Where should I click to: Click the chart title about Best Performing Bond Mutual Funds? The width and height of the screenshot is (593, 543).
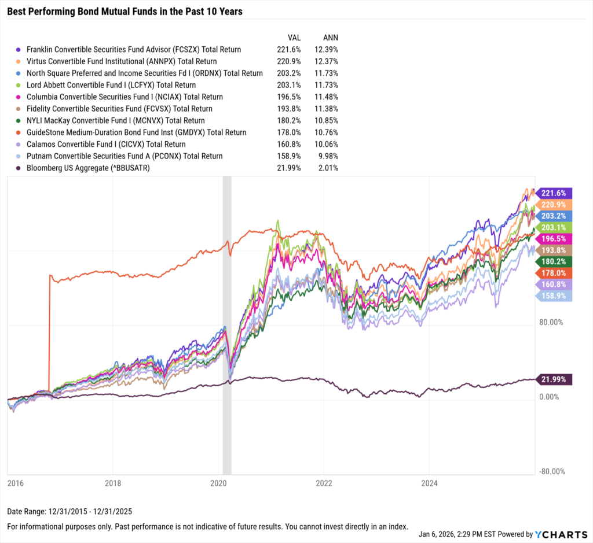pyautogui.click(x=125, y=11)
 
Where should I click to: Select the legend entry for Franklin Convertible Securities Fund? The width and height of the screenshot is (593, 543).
pyautogui.click(x=134, y=50)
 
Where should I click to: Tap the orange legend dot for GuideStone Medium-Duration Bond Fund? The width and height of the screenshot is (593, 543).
pyautogui.click(x=20, y=132)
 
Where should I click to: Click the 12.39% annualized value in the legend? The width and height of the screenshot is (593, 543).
pyautogui.click(x=327, y=50)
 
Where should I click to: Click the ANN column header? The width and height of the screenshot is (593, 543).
pyautogui.click(x=330, y=37)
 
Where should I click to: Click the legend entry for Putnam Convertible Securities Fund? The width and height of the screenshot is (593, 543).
pyautogui.click(x=125, y=156)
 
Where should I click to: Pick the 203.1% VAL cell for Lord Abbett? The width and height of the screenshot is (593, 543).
pyautogui.click(x=288, y=85)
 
